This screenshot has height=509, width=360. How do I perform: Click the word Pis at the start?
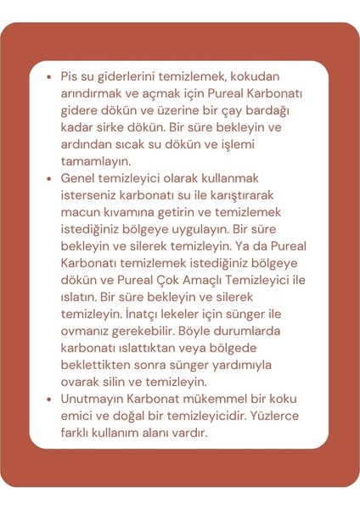coord(69,76)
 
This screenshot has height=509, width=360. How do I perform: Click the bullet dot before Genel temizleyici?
coord(48,179)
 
